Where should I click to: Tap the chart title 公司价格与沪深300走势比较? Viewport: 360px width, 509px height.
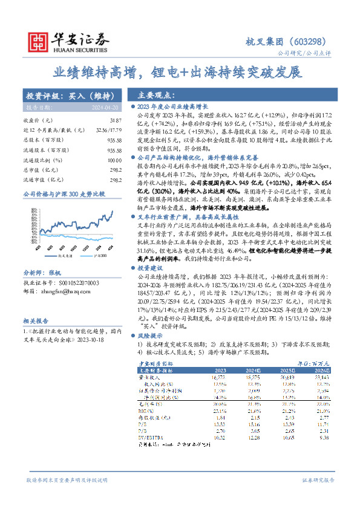pyautogui.click(x=64, y=194)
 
